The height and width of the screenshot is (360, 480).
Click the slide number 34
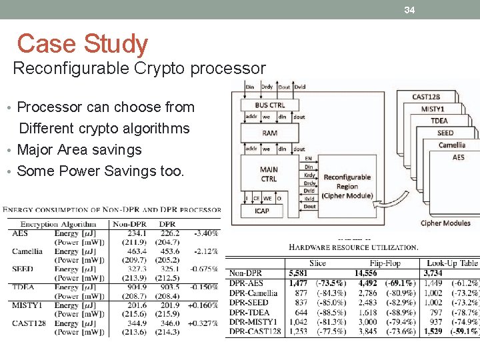(x=409, y=10)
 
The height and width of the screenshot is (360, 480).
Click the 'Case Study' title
(x=82, y=44)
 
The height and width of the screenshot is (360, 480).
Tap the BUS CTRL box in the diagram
(x=270, y=105)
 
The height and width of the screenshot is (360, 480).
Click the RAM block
(x=269, y=133)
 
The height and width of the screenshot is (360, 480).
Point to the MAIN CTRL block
(x=269, y=174)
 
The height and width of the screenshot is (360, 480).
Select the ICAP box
(x=262, y=211)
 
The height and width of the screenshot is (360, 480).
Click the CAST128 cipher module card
(x=425, y=97)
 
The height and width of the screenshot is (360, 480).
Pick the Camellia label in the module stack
(x=452, y=145)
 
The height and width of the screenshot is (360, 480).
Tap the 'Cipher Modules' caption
(x=445, y=223)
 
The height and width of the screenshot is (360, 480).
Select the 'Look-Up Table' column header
(x=451, y=263)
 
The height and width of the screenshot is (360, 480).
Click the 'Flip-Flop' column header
(x=385, y=263)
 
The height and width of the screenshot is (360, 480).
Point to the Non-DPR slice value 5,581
(x=298, y=273)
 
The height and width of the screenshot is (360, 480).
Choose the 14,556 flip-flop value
(x=365, y=273)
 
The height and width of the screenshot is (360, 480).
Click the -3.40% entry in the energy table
(x=206, y=233)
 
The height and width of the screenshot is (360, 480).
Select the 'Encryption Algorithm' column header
(x=58, y=224)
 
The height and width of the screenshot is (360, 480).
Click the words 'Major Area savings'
(x=79, y=150)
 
